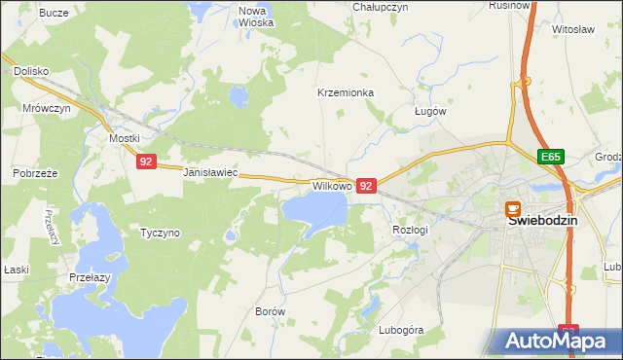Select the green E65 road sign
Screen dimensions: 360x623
552,156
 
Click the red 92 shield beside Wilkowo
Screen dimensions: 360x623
366,185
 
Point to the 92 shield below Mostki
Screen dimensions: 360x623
145,162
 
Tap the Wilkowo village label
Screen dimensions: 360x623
331,185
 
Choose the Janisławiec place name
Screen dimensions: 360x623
211,172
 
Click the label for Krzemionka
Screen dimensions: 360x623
346,93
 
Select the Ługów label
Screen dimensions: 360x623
429,111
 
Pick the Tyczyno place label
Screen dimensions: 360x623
161,234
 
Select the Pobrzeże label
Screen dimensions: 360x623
36,173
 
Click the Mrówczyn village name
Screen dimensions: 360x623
46,109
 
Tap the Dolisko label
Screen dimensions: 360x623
31,72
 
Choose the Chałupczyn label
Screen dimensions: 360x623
381,7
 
